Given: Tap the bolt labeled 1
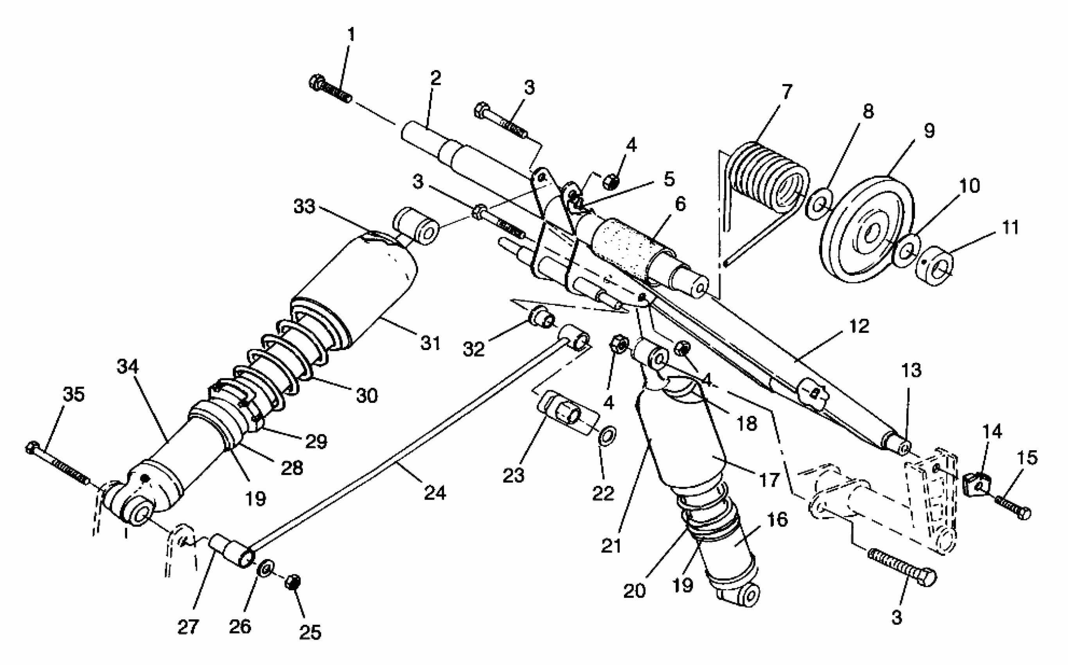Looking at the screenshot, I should tap(330, 89).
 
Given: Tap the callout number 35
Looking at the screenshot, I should tap(73, 395).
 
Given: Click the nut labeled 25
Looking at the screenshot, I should tap(293, 583).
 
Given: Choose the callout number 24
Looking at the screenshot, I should tap(435, 492).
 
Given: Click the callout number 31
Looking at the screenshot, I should tap(430, 343).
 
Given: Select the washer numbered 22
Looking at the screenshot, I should tap(608, 436).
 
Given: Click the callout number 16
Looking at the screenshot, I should tap(777, 519).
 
